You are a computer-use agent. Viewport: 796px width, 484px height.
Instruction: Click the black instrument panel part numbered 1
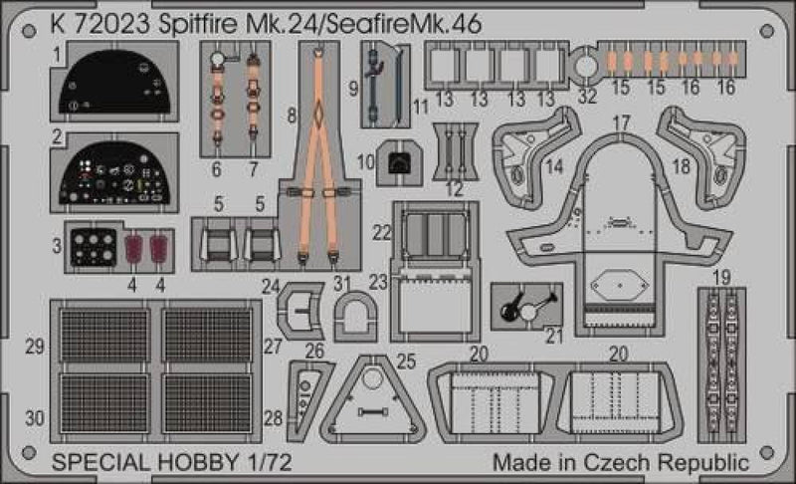[x=117, y=82]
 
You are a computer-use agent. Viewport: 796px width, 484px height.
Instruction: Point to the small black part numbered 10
[x=398, y=162]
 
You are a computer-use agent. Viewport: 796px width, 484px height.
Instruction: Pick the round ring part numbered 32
[x=587, y=67]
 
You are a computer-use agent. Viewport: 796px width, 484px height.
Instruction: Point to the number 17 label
[x=622, y=122]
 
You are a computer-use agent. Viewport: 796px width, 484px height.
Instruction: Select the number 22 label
[x=382, y=231]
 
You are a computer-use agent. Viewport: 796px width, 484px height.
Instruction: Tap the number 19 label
[x=722, y=276]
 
